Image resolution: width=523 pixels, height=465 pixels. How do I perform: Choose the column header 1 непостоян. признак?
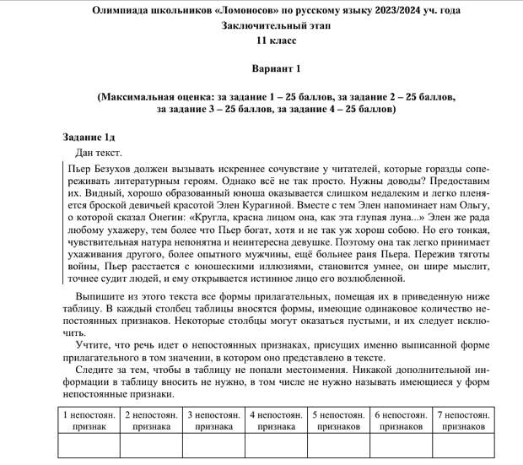point(89,420)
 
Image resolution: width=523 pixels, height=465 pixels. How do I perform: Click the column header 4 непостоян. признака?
point(276,420)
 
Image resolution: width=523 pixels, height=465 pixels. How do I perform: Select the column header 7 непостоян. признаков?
point(463,420)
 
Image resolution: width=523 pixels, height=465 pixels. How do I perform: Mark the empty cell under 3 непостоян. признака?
point(213,446)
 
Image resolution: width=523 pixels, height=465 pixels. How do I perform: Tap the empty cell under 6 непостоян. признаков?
point(401,446)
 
